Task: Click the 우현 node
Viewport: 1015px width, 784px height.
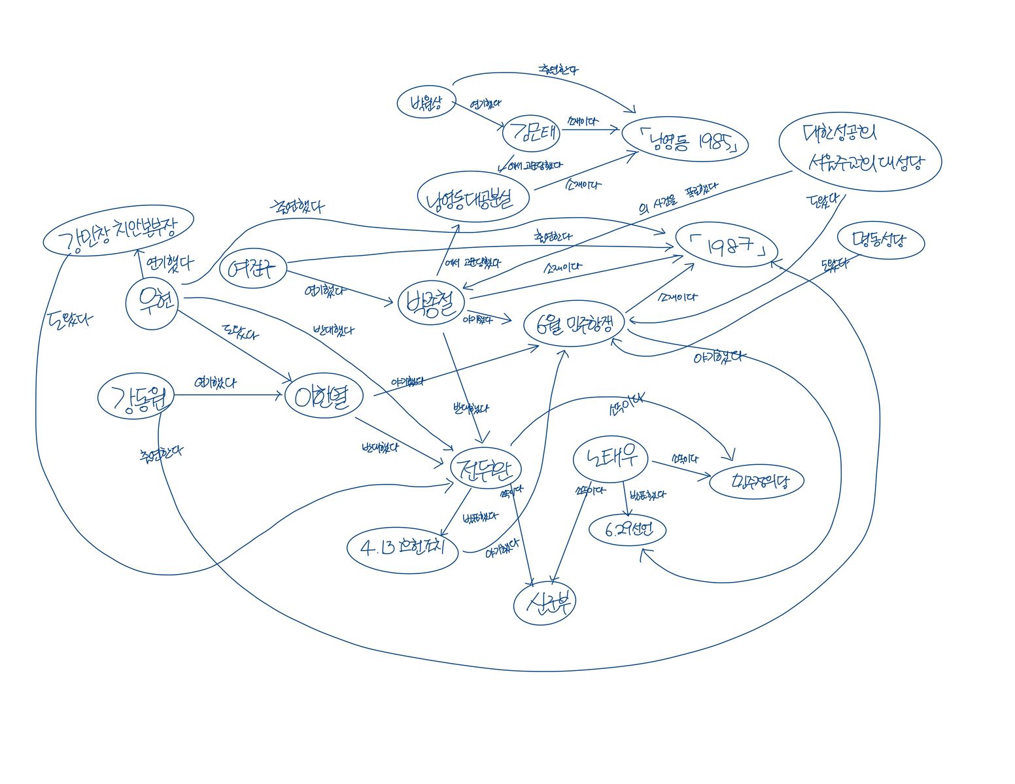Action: point(152,303)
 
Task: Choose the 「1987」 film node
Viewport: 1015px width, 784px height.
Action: point(726,248)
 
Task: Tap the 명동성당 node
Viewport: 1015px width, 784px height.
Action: point(880,241)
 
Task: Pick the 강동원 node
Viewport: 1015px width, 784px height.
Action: point(135,397)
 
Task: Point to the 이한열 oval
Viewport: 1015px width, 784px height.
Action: point(324,396)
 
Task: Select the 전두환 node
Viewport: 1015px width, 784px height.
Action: point(485,469)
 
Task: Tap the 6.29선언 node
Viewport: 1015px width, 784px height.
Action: point(627,530)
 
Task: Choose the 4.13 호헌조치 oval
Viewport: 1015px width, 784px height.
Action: point(404,547)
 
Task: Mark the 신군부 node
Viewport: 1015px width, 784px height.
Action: point(545,603)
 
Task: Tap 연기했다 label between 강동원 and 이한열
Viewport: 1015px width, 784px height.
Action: point(215,383)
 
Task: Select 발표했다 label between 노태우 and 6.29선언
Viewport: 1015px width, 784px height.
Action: point(647,495)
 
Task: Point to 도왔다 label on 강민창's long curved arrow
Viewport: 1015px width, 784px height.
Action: point(69,319)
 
